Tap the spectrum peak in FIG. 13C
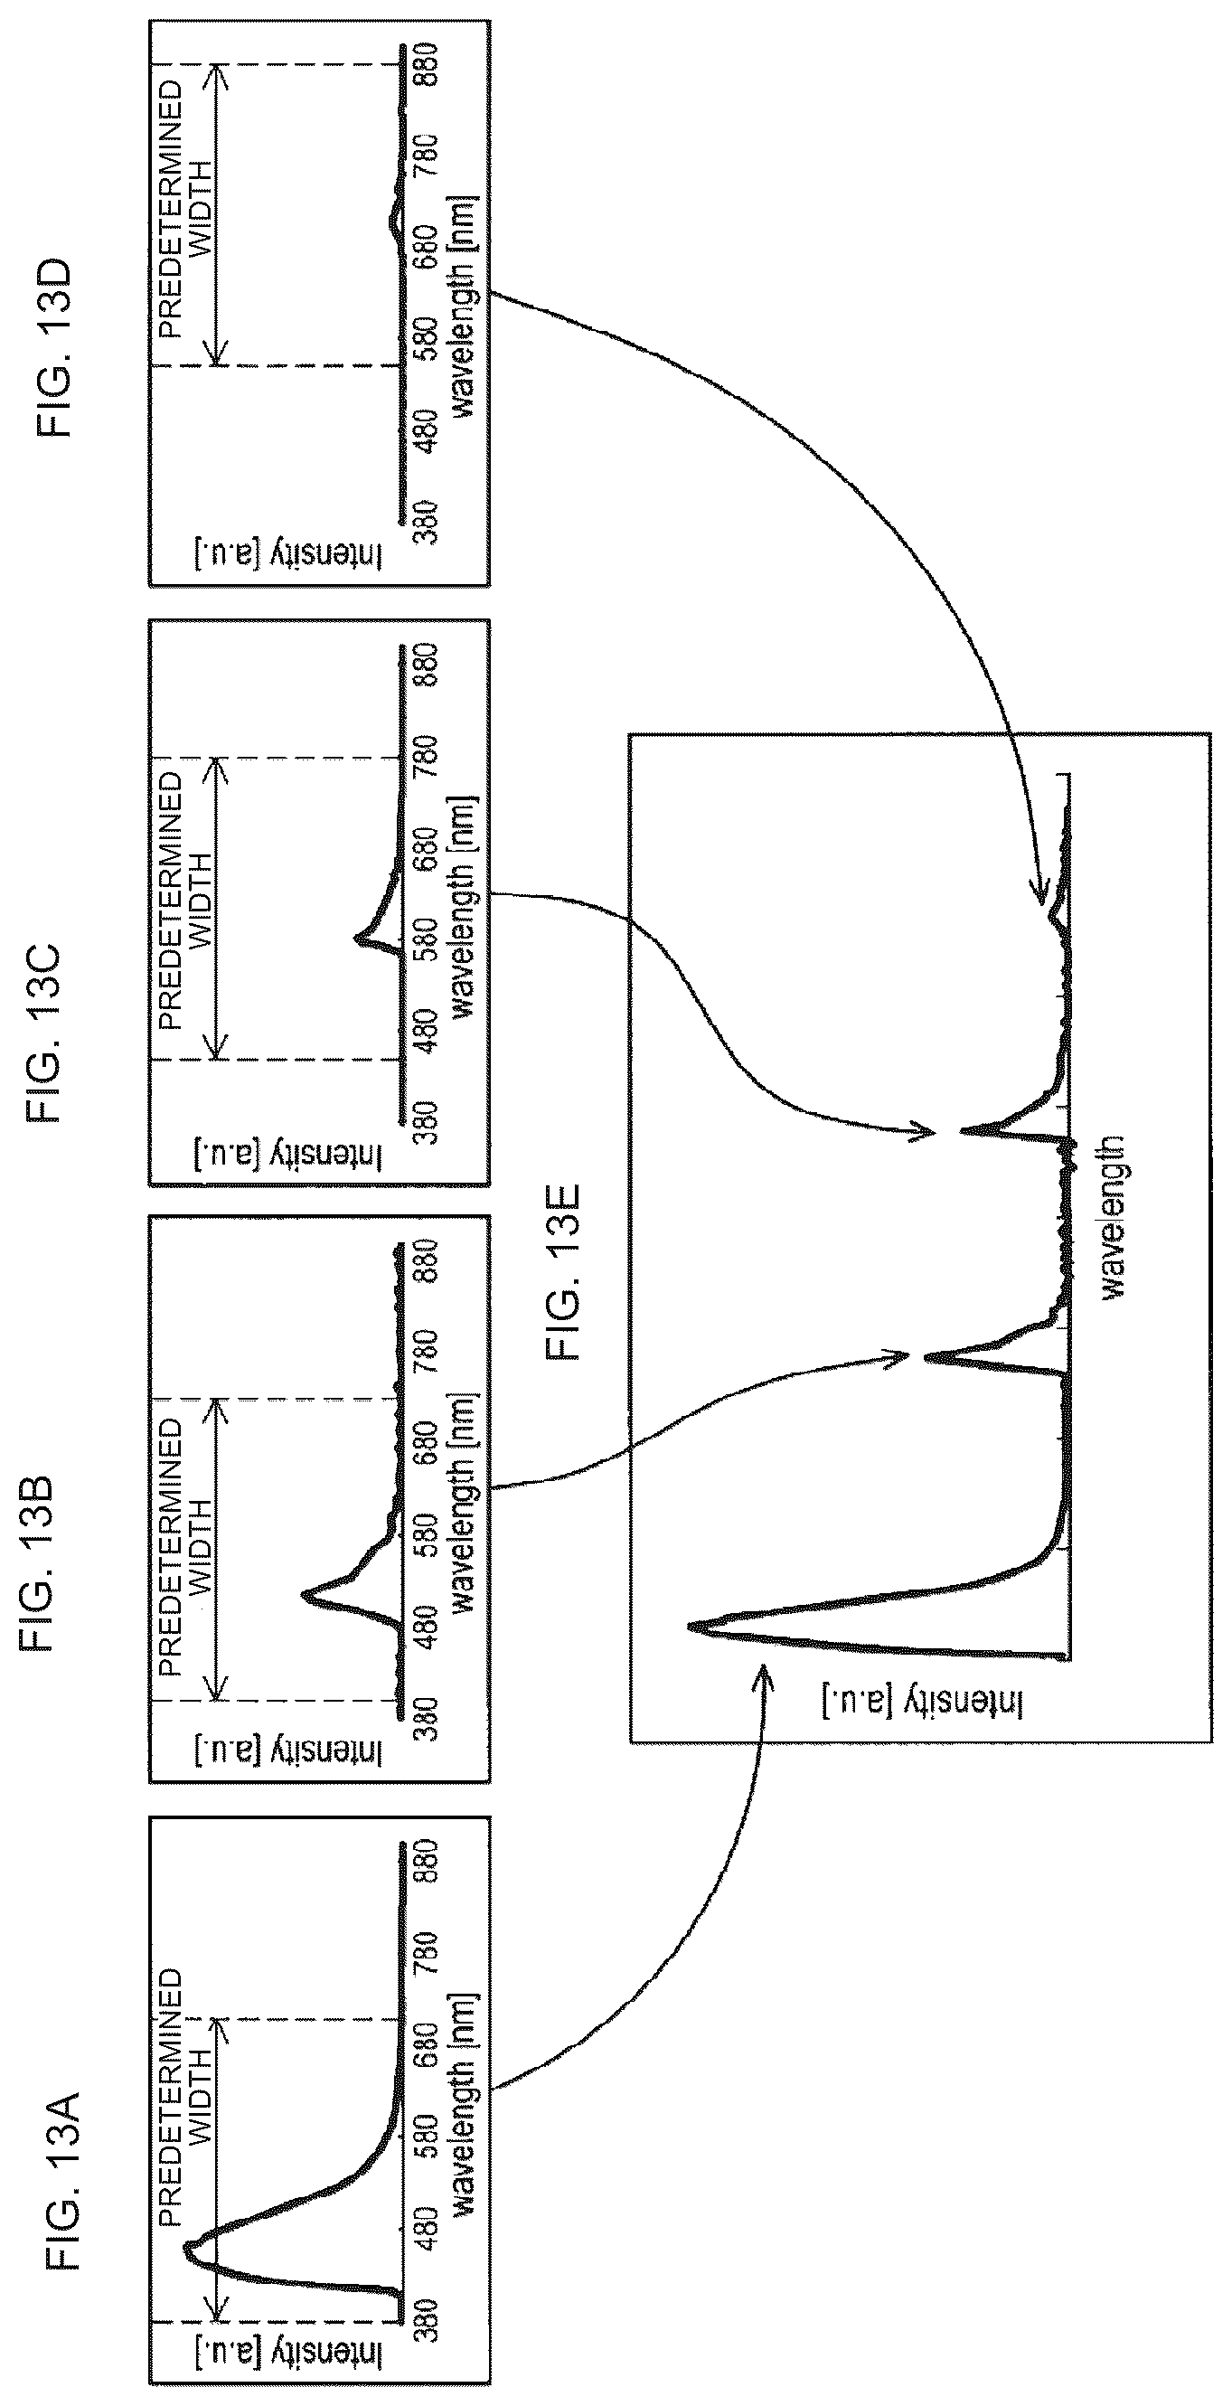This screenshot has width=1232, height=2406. pyautogui.click(x=358, y=938)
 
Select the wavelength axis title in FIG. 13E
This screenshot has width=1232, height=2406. pyautogui.click(x=1114, y=1217)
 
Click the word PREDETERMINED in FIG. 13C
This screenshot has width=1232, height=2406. pyautogui.click(x=171, y=901)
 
